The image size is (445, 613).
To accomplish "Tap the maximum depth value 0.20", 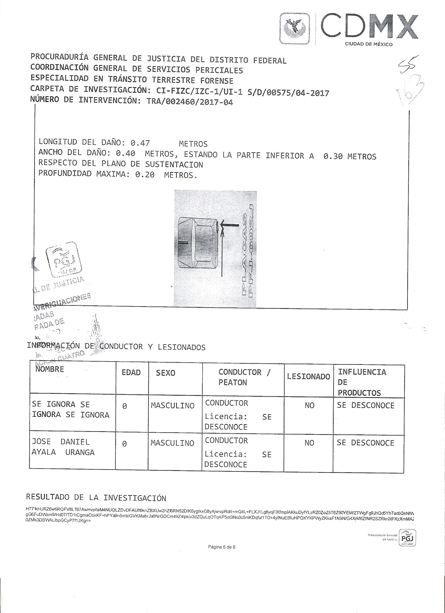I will pyautogui.click(x=145, y=175).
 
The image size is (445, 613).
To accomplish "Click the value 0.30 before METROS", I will pyautogui.click(x=333, y=156).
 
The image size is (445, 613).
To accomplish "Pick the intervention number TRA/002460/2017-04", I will pyautogui.click(x=190, y=102).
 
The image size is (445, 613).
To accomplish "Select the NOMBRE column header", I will pyautogui.click(x=50, y=369).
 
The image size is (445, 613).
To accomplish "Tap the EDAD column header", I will pyautogui.click(x=131, y=373).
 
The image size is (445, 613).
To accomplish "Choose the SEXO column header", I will pyautogui.click(x=165, y=373).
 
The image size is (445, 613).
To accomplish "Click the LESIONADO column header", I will pyautogui.click(x=308, y=377).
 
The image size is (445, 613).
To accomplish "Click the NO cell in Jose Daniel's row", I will pyautogui.click(x=309, y=443).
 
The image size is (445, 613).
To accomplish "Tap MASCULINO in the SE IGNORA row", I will pyautogui.click(x=173, y=405).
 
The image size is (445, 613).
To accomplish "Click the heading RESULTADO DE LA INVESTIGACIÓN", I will pyautogui.click(x=96, y=498).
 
